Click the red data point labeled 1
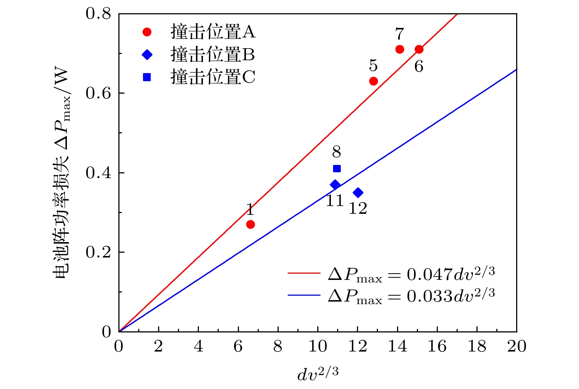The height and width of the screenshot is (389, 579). coord(250,224)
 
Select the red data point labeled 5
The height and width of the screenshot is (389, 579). coord(374,81)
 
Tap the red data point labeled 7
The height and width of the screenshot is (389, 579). coord(400,49)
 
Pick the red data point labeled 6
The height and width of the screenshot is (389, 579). coord(419,49)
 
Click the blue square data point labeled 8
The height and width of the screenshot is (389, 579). coord(337,169)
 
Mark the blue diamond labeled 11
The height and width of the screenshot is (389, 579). coord(335,184)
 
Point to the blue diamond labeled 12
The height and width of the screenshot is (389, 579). coord(358,192)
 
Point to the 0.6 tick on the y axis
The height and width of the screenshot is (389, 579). coord(98,93)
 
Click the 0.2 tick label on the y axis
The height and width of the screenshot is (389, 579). coord(98,252)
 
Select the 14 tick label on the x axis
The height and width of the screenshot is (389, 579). coord(397,346)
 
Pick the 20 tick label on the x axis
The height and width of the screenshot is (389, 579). coord(517,346)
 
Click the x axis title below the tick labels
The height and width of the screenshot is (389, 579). coord(318,374)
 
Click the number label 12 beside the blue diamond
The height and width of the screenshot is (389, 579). coord(358,208)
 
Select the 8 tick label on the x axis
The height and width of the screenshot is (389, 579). coord(278,346)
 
